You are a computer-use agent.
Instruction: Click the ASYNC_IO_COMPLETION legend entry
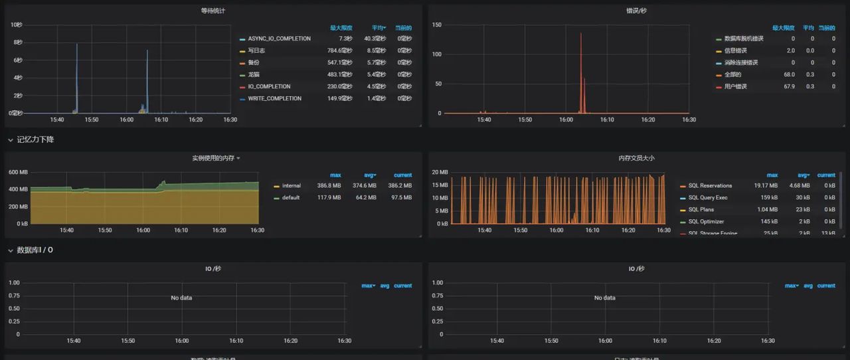click(x=279, y=39)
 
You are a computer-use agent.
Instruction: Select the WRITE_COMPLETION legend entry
click(x=274, y=98)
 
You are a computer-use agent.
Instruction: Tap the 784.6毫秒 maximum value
click(x=339, y=50)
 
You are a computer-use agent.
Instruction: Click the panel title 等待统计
click(x=213, y=11)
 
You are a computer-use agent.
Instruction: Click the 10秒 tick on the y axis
click(x=17, y=25)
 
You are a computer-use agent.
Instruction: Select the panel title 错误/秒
click(x=636, y=11)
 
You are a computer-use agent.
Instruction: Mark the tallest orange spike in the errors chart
click(x=580, y=35)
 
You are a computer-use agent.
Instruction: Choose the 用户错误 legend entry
click(x=735, y=86)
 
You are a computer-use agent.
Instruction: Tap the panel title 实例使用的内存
click(x=212, y=158)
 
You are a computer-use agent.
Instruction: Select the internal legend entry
click(x=291, y=185)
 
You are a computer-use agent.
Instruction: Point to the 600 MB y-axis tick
click(x=17, y=172)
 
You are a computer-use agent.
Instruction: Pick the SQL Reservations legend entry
click(x=710, y=185)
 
